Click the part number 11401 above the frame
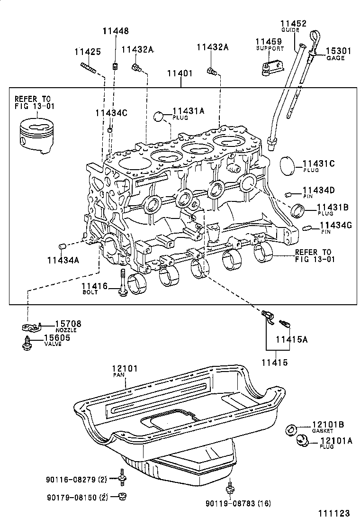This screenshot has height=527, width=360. [x=180, y=73]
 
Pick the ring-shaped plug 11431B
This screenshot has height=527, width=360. [x=297, y=209]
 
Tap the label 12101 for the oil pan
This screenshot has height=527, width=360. [x=124, y=368]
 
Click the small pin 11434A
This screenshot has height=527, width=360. [x=61, y=246]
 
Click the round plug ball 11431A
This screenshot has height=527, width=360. [x=161, y=116]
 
